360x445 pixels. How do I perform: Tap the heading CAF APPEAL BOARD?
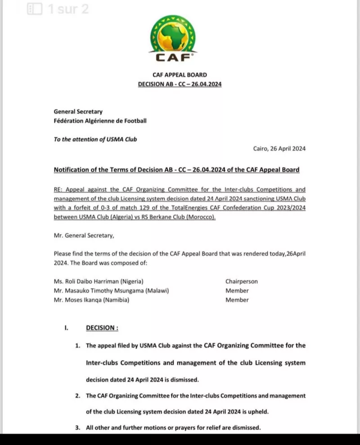click(180, 76)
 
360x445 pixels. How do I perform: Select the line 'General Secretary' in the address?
click(78, 112)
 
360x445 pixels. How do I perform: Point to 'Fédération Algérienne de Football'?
click(100, 121)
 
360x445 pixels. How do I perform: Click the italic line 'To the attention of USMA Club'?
click(95, 139)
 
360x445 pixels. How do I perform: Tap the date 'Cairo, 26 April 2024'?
click(279, 149)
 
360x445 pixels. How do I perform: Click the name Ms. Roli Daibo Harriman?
click(99, 282)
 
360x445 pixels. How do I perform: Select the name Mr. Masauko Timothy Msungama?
click(111, 291)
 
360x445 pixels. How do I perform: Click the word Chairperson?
click(242, 282)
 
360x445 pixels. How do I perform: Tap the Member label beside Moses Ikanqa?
click(237, 300)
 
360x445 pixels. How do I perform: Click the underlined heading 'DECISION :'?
click(102, 328)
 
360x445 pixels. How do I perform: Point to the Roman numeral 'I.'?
click(66, 328)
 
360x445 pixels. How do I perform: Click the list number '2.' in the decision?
click(78, 396)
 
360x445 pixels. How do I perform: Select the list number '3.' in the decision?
click(78, 428)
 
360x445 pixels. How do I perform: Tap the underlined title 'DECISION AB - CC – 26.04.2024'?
click(180, 84)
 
